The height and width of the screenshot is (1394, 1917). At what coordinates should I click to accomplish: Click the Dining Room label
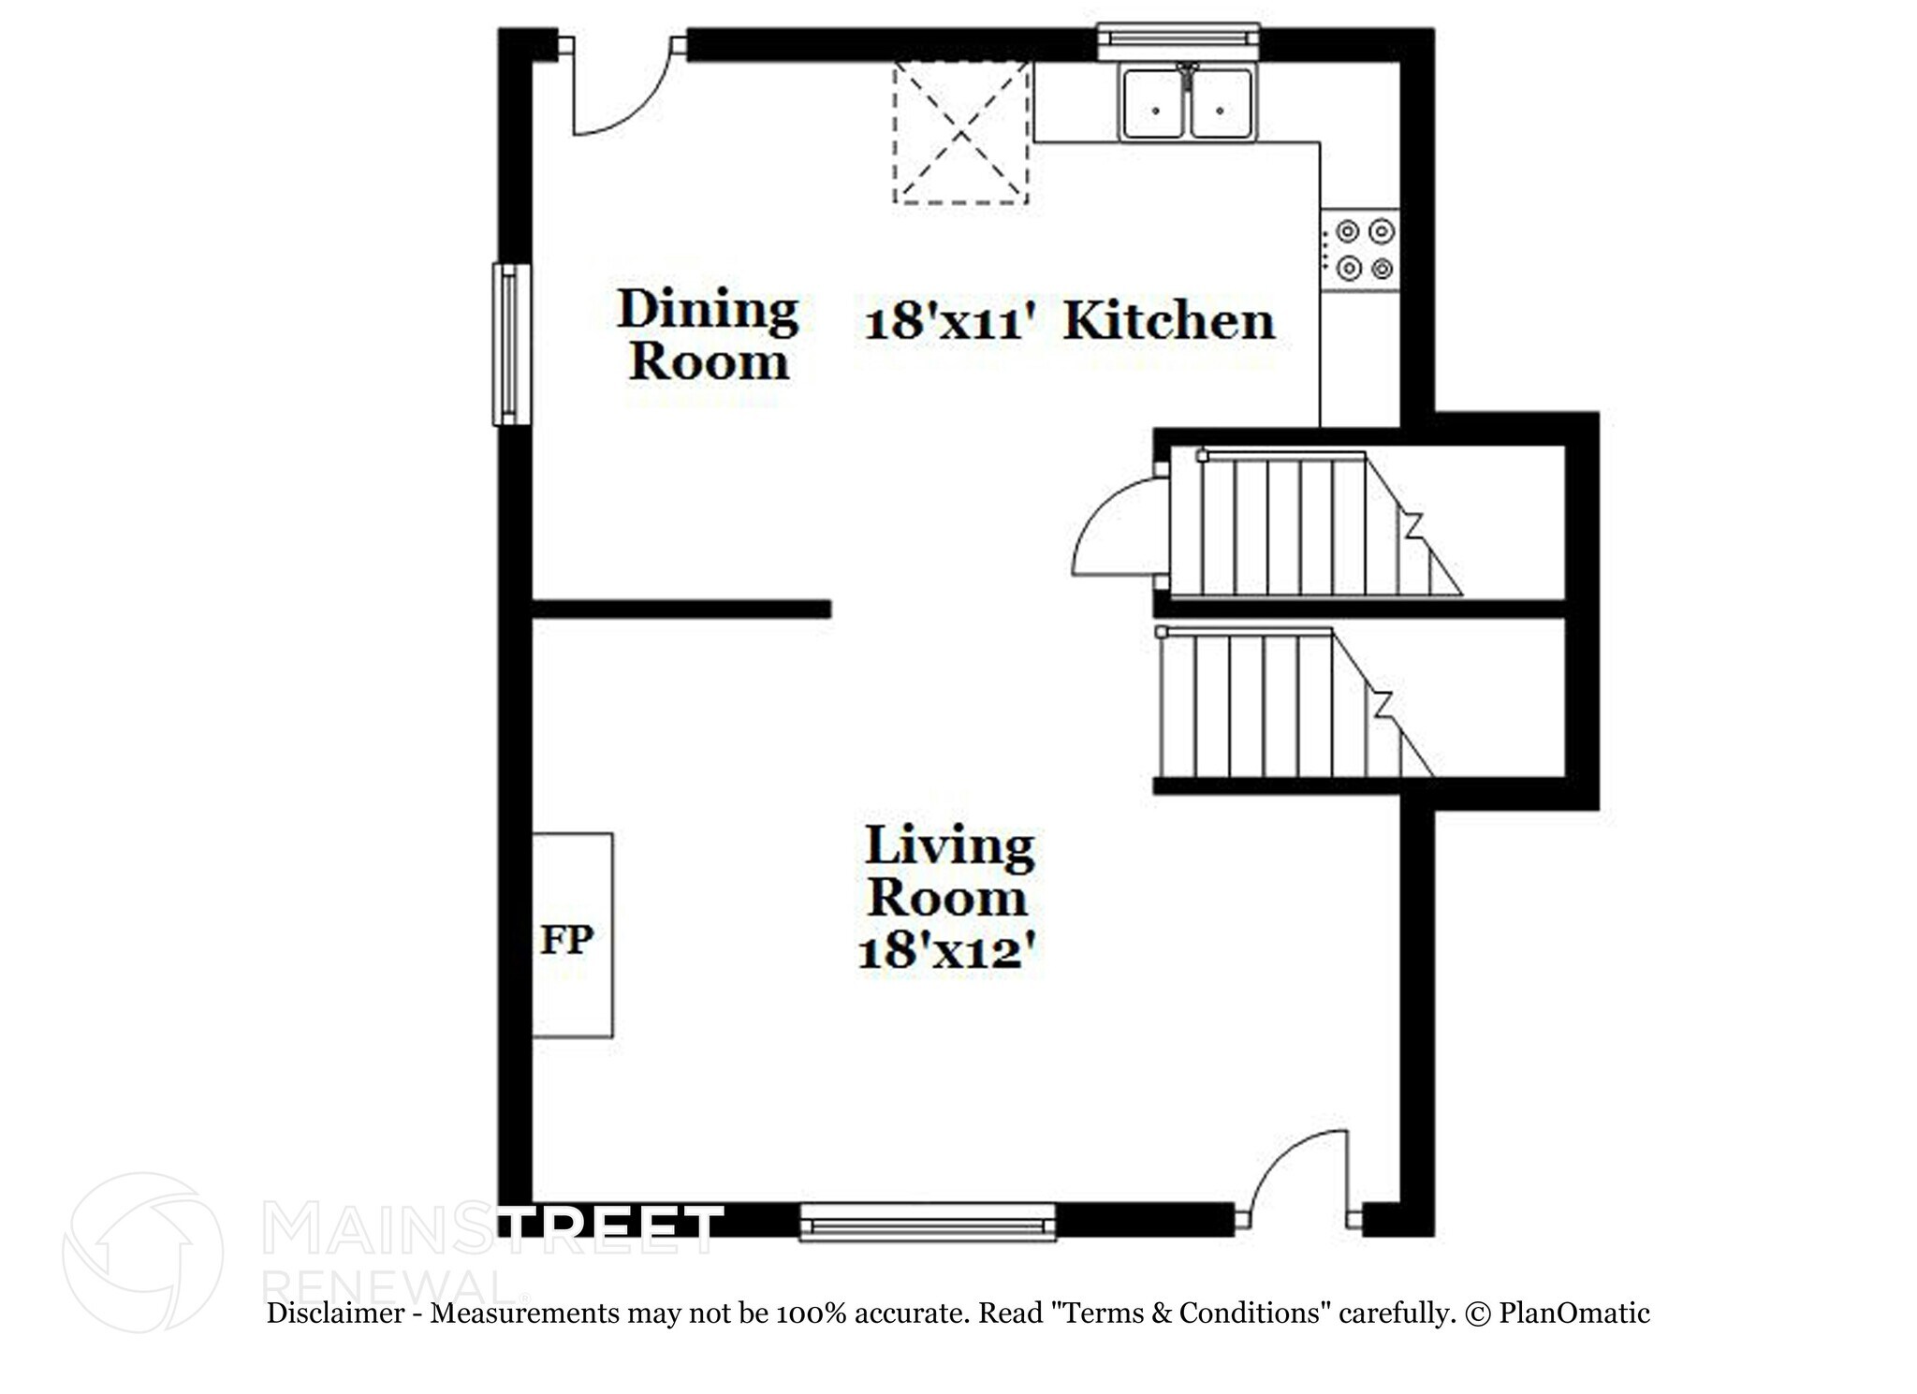pos(708,335)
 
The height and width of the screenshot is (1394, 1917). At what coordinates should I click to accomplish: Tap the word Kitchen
pos(1169,321)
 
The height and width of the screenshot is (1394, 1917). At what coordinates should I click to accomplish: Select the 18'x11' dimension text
pos(950,323)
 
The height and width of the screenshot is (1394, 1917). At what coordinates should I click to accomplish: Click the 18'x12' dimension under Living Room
pos(947,952)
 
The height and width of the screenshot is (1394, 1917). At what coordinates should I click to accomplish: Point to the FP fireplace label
pos(567,939)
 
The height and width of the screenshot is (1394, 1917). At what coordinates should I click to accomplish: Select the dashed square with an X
pos(961,132)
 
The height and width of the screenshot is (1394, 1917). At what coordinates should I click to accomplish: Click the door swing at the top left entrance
pos(618,94)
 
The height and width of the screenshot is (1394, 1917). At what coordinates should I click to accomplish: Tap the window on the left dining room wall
pos(511,345)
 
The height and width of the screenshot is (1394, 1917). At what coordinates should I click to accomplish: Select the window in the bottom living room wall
pos(927,1222)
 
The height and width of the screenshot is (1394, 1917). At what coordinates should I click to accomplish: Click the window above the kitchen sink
pos(1178,37)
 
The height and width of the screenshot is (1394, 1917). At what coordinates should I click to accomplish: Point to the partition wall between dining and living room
pos(681,609)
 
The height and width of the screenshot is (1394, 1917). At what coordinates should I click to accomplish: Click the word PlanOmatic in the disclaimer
pos(1573,1313)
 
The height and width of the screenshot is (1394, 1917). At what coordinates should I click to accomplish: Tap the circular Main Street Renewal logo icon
pos(142,1252)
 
